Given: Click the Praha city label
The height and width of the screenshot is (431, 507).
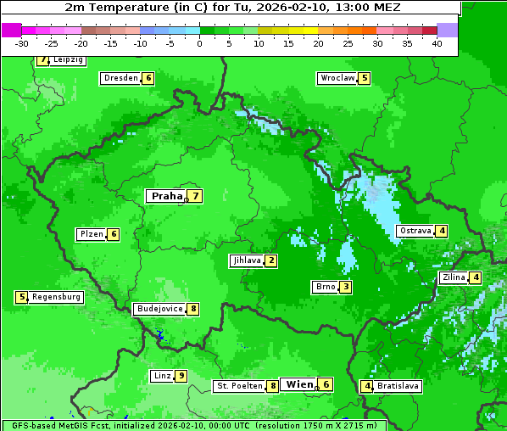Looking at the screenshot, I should click(x=166, y=196).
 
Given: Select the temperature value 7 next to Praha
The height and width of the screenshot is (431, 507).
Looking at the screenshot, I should click(x=195, y=196).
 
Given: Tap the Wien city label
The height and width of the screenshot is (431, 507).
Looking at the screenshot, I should click(x=299, y=384).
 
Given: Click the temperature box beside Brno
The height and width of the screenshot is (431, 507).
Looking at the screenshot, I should click(x=346, y=287).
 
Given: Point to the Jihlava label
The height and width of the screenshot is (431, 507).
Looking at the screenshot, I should click(x=246, y=260).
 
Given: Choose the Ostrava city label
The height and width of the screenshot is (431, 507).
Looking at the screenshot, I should click(x=415, y=231).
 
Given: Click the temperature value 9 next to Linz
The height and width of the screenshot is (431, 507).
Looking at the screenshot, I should click(x=181, y=376).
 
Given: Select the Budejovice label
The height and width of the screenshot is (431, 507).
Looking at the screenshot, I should click(x=159, y=309).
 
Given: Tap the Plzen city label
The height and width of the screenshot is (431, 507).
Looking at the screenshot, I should click(x=91, y=234).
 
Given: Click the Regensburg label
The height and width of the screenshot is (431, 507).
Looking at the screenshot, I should click(x=57, y=297).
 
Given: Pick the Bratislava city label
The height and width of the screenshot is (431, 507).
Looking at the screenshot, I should click(x=398, y=386).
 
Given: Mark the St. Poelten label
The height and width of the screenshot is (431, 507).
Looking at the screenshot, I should click(x=238, y=386).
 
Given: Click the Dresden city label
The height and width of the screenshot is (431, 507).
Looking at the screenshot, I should click(x=120, y=78).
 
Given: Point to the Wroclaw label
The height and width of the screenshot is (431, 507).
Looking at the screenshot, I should click(x=337, y=78).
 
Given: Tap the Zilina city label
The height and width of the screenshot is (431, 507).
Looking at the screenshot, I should click(x=454, y=277).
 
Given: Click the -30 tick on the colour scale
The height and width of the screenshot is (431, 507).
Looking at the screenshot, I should click(x=22, y=43).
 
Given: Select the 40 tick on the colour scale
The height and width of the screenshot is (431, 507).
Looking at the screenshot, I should click(x=437, y=43).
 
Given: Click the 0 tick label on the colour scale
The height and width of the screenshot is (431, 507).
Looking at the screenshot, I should click(x=199, y=43).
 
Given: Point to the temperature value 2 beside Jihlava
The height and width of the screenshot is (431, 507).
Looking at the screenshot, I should click(x=271, y=260).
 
